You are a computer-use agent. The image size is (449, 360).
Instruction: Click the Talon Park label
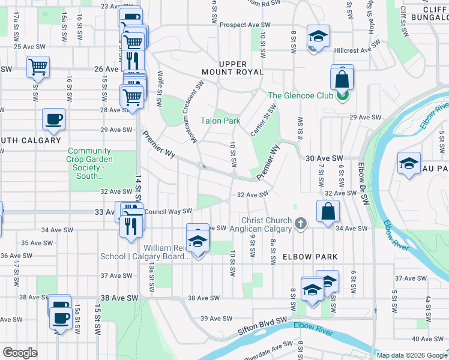(220, 121)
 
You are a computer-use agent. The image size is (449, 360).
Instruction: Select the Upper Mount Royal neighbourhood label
(241, 67)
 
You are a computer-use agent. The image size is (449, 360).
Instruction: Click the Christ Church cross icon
(301, 224)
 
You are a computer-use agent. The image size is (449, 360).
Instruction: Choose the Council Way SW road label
(168, 211)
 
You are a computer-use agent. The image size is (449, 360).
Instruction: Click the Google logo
(20, 352)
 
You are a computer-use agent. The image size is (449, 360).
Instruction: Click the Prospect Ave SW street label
(246, 25)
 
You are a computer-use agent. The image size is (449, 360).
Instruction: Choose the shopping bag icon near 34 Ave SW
(328, 211)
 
